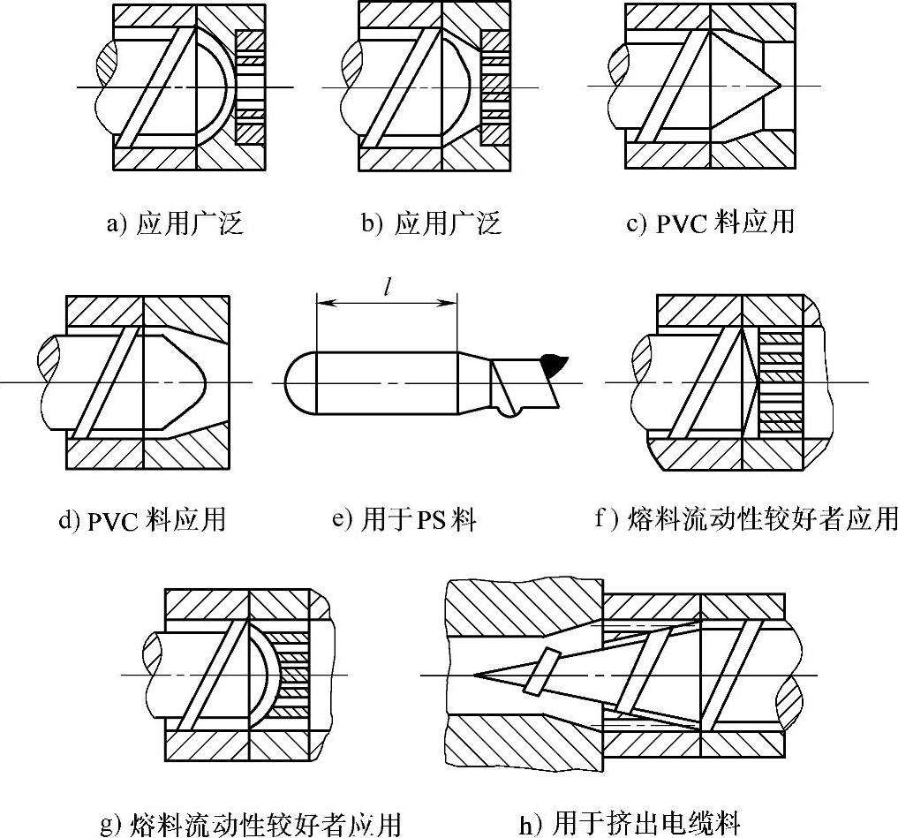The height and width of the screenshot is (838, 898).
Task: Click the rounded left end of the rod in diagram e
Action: tap(298, 383)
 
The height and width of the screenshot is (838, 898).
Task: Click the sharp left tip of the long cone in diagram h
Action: tap(478, 676)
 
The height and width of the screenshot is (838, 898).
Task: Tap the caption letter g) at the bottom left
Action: tap(110, 826)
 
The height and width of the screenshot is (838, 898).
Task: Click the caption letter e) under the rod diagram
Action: tap(343, 519)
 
